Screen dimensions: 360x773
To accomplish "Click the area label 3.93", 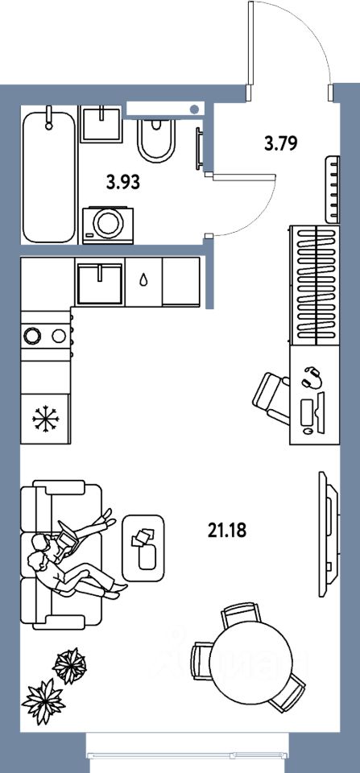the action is coord(123,183).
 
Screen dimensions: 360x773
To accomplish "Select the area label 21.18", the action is coord(227,531).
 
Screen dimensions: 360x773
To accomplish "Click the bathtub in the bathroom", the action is coord(49,176).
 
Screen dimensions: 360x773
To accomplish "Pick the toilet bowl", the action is coord(156,141).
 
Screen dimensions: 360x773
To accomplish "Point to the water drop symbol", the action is coord(143,280).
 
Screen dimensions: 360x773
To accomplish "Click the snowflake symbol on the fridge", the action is coord(45,420).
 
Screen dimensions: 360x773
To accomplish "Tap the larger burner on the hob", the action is coord(33,336).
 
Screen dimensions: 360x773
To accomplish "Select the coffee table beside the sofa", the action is coord(143,548).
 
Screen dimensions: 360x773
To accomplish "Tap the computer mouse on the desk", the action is coord(308,430).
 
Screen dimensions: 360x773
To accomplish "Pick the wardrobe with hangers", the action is coord(315,285).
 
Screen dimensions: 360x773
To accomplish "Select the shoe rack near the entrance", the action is coord(333,190).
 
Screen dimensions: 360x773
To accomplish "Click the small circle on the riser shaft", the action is coord(195,109).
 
